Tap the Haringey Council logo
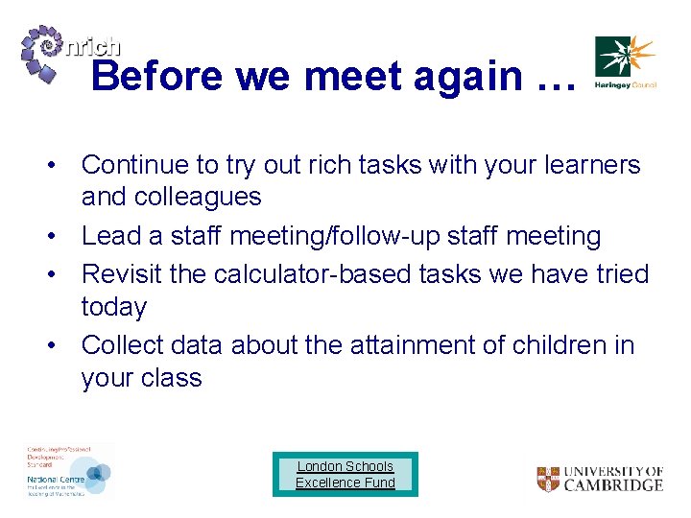(x=625, y=62)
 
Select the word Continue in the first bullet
(x=135, y=165)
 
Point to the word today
(x=114, y=307)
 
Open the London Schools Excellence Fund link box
(x=345, y=474)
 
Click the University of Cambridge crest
(x=548, y=479)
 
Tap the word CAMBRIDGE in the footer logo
(x=613, y=485)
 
